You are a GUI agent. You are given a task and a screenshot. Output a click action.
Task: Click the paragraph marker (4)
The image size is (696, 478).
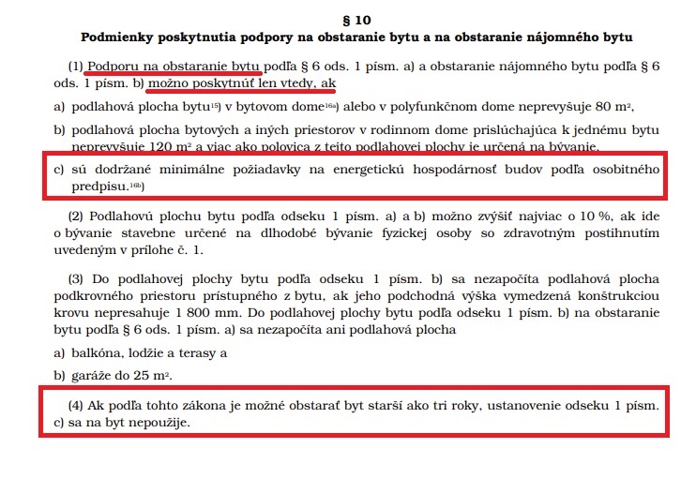[x=76, y=407]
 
